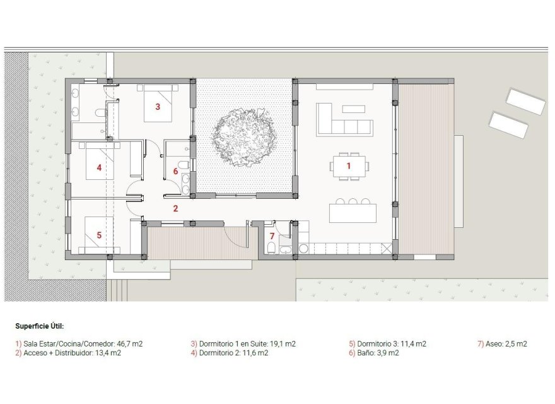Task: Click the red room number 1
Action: coord(348,165)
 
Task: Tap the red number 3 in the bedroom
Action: coord(158,107)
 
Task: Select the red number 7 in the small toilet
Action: coord(272,236)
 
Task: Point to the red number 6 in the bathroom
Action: coord(175,171)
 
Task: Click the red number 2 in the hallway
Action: coord(176,208)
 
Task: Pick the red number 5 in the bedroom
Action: coord(99,235)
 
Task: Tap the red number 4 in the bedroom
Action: coord(99,167)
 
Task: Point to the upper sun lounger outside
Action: coord(525,101)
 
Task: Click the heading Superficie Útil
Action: coord(40,327)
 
